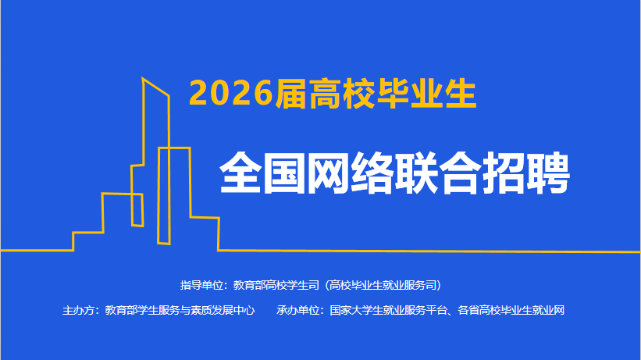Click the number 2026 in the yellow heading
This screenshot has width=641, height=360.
[231, 93]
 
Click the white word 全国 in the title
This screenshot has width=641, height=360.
[262, 173]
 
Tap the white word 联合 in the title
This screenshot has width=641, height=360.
[438, 173]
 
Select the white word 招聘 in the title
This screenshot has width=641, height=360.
[526, 173]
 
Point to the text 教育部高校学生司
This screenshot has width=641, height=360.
[276, 285]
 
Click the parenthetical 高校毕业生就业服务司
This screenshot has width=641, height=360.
[383, 285]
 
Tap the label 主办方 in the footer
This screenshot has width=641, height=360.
[78, 311]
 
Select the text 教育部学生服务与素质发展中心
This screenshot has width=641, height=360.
[180, 311]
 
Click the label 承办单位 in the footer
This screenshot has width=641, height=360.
[297, 311]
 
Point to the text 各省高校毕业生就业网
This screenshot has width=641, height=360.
[511, 311]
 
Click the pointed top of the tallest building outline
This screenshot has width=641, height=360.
[143, 78]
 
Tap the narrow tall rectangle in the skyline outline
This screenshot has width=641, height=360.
[164, 196]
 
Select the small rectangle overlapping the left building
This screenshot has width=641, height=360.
[137, 209]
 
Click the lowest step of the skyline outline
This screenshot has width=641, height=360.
[88, 233]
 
